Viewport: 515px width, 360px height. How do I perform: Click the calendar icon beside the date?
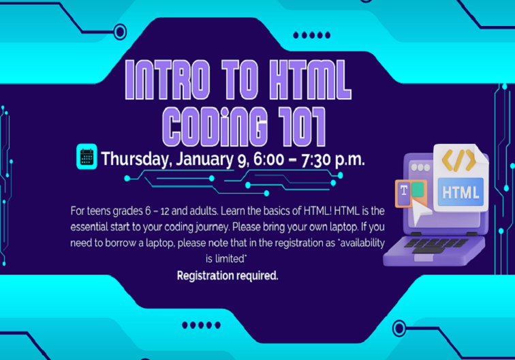pyautogui.click(x=87, y=157)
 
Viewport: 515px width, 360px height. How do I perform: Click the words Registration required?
pyautogui.click(x=228, y=275)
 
